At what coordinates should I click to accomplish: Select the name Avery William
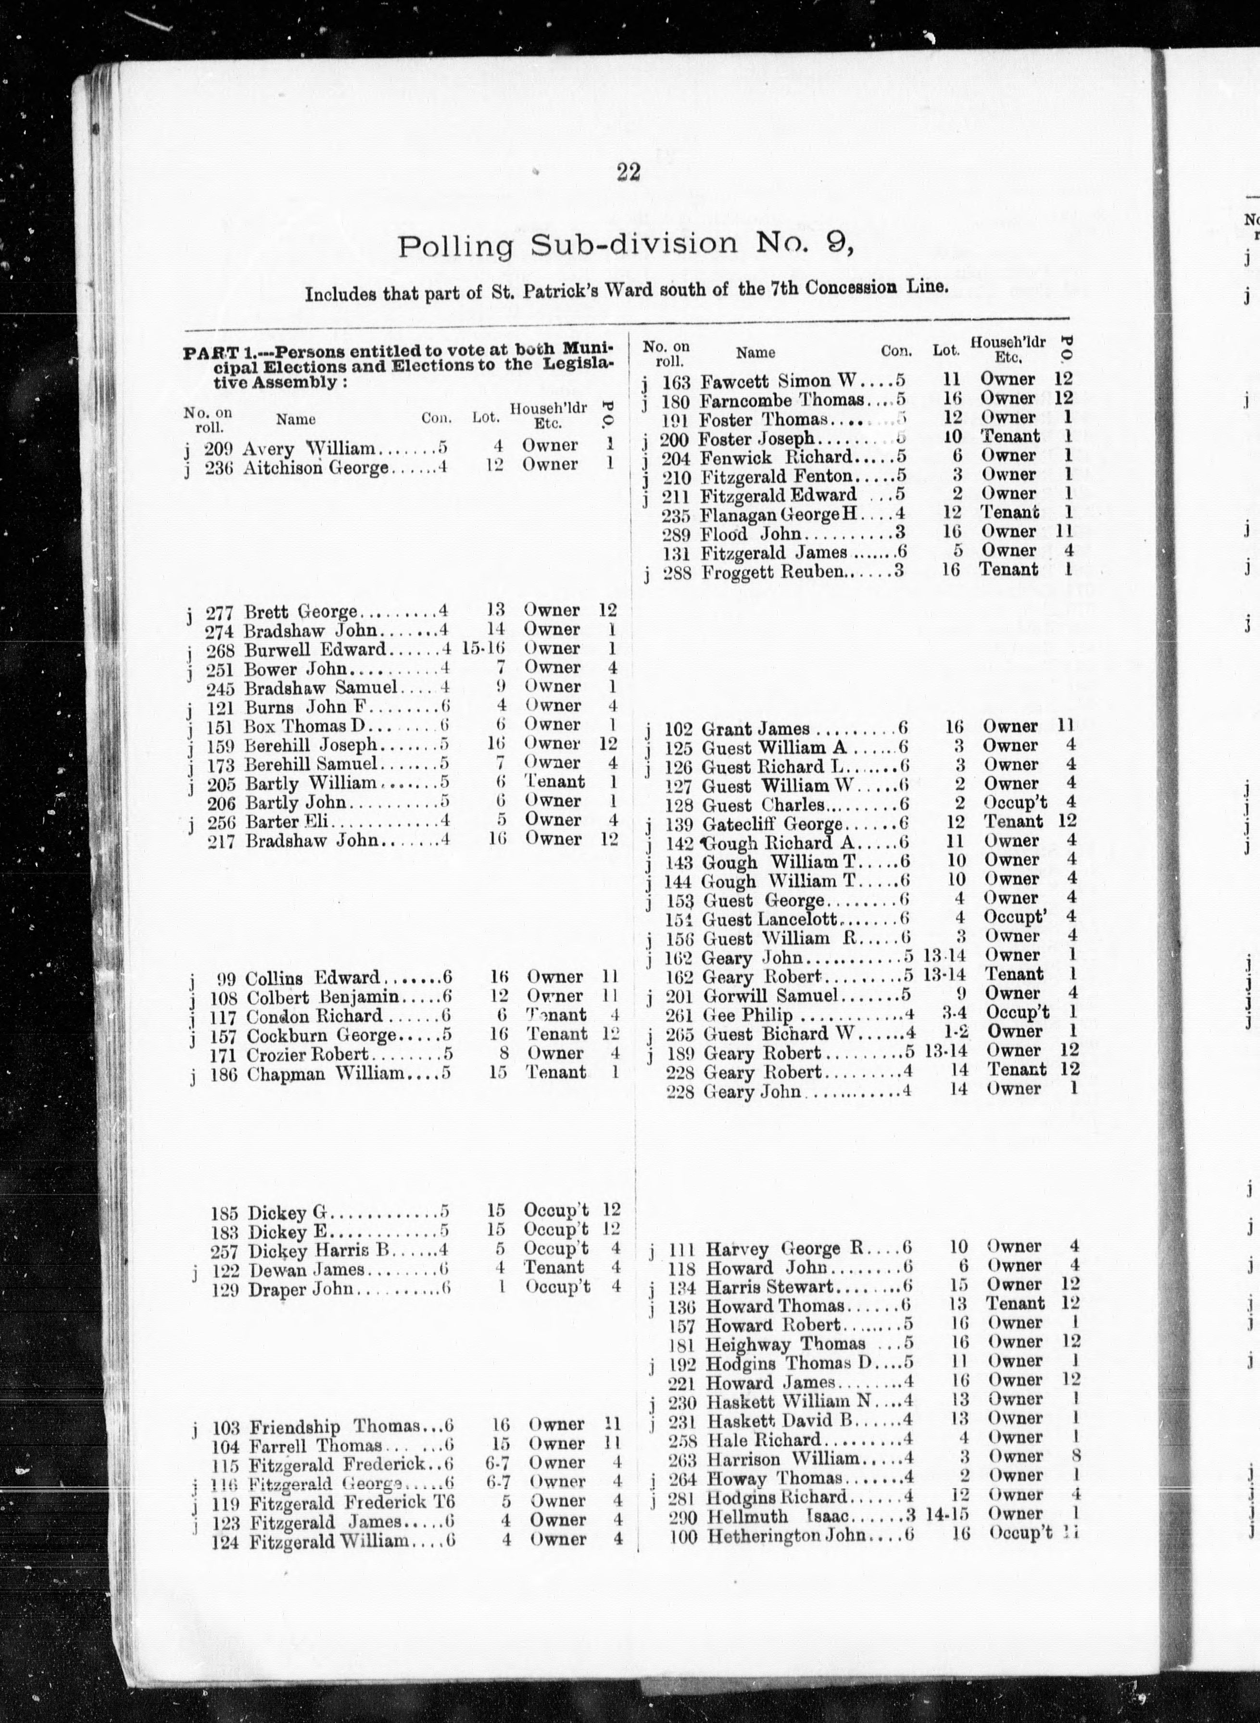click(x=309, y=448)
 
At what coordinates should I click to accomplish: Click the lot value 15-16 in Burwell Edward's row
click(x=483, y=649)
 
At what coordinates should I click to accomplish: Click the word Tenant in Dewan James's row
click(x=554, y=1267)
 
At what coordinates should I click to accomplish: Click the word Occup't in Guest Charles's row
click(x=1014, y=803)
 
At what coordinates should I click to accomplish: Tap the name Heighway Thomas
click(x=786, y=1343)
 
